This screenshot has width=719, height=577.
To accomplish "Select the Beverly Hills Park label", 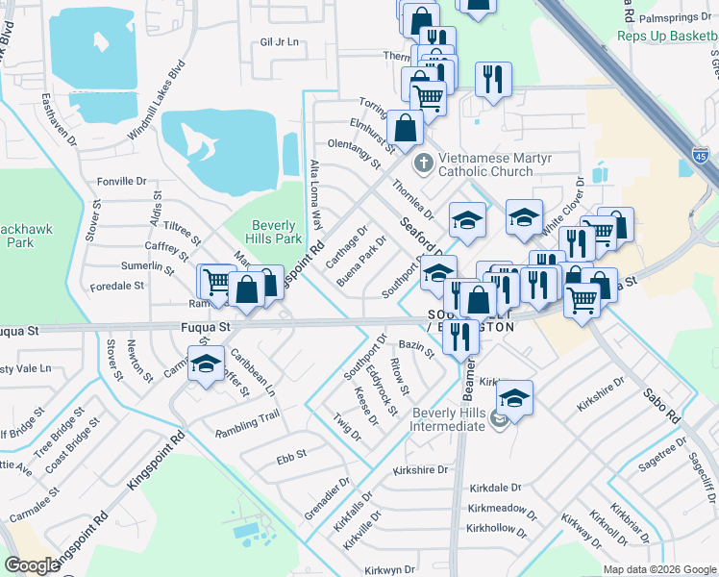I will [x=277, y=231].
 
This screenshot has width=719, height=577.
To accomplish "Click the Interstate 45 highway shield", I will [x=702, y=156].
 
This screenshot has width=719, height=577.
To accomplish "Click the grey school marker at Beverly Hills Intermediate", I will [x=499, y=417].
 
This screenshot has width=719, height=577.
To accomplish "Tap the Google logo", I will [x=33, y=565].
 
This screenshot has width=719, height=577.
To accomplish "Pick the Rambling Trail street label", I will [x=247, y=416].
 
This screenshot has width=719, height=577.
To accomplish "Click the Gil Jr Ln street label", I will [x=280, y=42].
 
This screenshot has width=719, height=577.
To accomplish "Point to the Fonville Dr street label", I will [x=121, y=180].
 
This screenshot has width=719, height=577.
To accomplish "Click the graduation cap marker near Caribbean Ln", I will [x=206, y=364].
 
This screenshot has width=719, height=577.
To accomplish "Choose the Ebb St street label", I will [x=290, y=453].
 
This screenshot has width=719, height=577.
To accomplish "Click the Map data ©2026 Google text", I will [x=659, y=569].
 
